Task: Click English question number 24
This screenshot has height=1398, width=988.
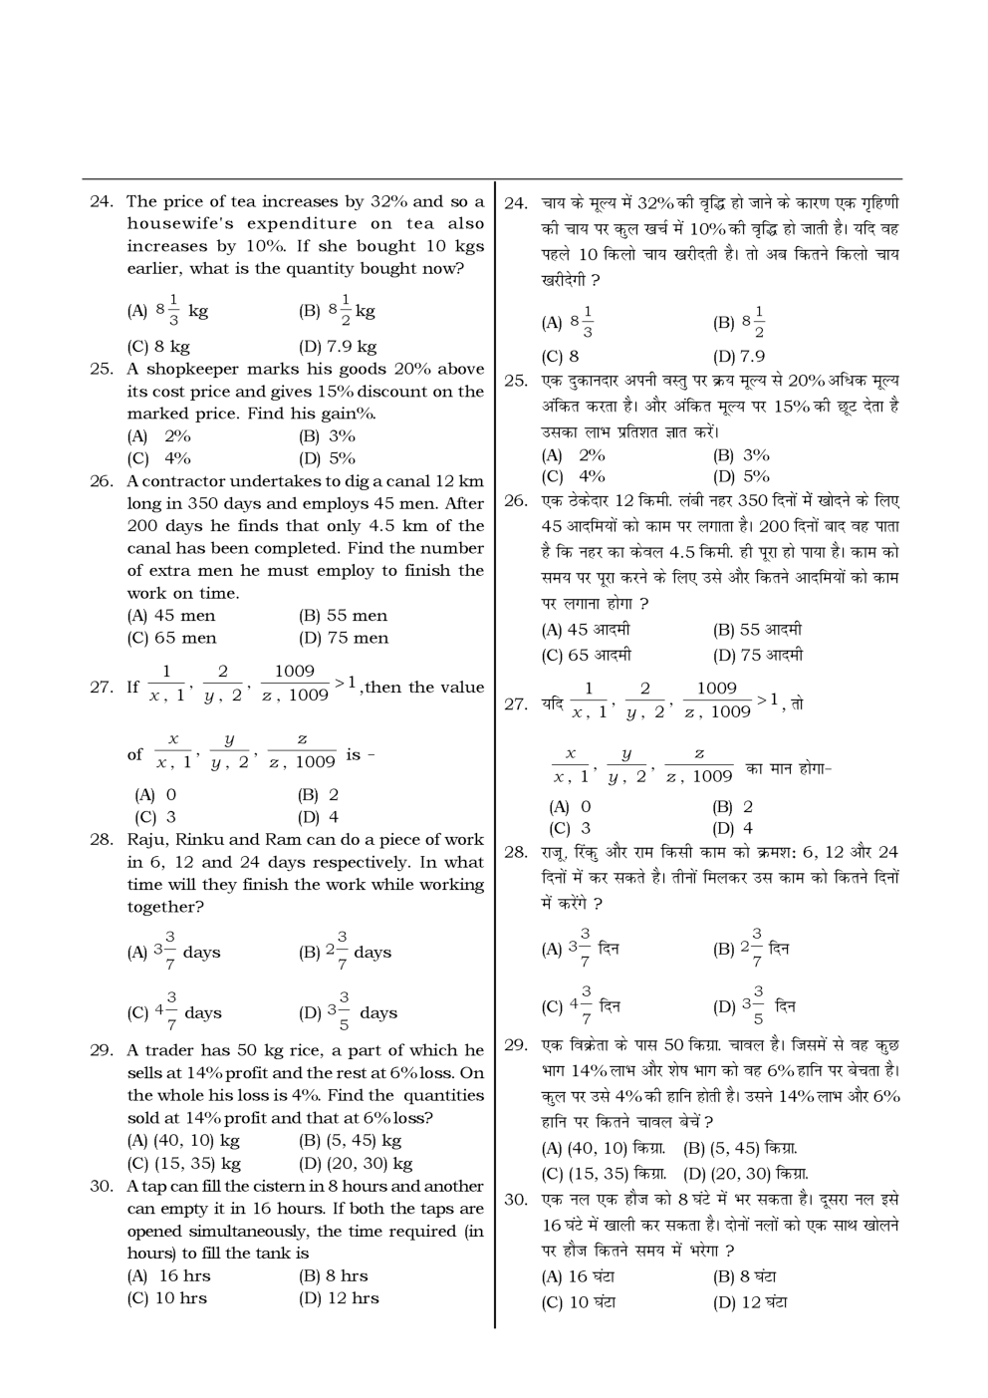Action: point(101,201)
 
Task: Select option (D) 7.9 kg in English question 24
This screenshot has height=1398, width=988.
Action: point(338,347)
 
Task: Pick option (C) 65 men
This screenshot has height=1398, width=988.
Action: point(171,638)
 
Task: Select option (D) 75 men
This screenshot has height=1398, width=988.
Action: point(344,638)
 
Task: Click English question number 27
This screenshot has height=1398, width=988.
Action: point(101,687)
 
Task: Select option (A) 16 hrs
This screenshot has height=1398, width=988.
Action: point(168,1275)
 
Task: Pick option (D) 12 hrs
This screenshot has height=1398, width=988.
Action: point(339,1297)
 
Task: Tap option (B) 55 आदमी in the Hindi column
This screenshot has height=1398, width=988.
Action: point(757,630)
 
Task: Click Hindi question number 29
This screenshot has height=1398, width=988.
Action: point(515,1044)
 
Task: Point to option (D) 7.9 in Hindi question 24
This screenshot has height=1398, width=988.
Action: point(739,356)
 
